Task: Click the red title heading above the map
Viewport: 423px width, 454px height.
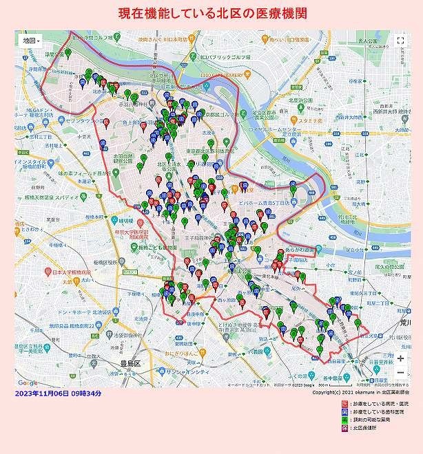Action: click(x=212, y=13)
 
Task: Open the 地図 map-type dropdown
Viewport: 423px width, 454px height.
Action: click(x=31, y=41)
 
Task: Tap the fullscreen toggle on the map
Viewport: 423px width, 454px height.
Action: click(x=400, y=41)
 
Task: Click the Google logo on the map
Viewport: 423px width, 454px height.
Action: click(x=28, y=382)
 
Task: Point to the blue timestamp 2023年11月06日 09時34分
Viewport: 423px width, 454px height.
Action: click(x=58, y=393)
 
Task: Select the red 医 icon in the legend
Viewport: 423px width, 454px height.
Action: click(x=336, y=404)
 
